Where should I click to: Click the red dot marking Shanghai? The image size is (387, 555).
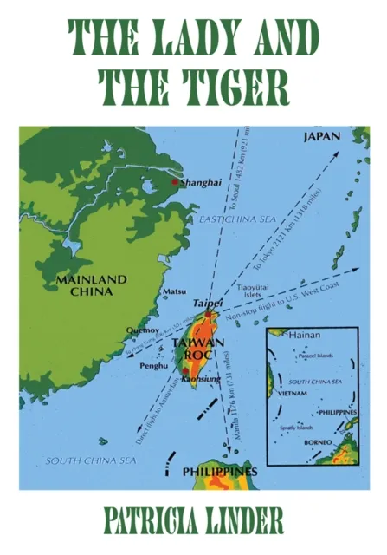176,182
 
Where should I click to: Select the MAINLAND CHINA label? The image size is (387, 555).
91,285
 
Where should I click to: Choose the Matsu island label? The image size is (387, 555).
175,292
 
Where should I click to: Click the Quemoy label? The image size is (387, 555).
144,330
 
